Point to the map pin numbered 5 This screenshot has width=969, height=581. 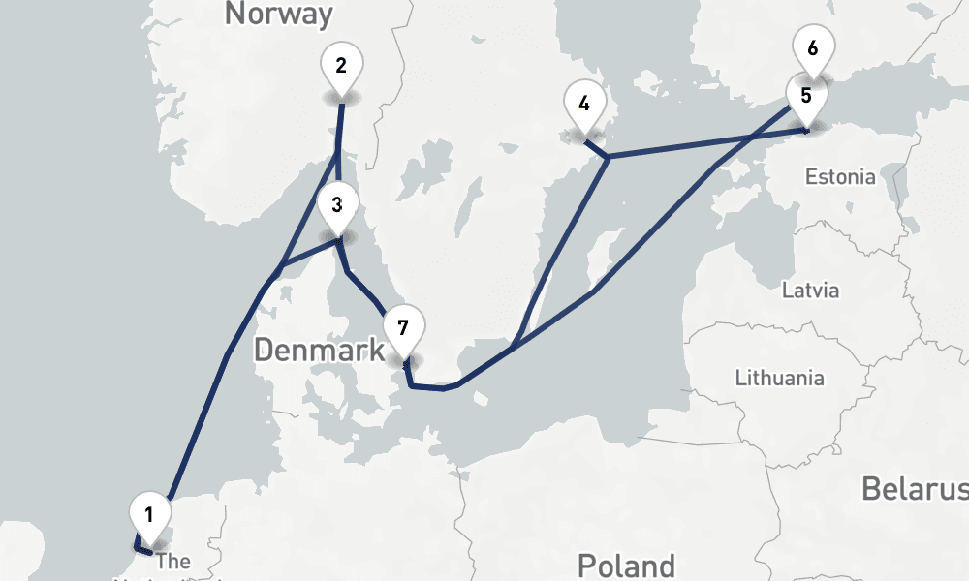(806, 99)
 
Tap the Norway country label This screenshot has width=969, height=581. (278, 14)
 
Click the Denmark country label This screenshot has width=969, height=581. (319, 351)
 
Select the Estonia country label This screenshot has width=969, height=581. (840, 177)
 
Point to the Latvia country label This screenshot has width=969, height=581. (810, 290)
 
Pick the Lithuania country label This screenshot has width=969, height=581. (779, 378)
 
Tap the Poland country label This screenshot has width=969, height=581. (625, 566)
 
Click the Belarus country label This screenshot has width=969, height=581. (914, 489)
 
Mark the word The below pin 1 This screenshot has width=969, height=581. (173, 562)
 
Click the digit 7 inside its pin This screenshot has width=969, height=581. (403, 325)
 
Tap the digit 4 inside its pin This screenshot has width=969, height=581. (583, 103)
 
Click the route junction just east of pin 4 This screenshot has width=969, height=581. (607, 156)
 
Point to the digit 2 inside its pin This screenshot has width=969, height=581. (341, 66)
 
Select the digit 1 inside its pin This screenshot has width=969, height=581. (149, 513)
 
